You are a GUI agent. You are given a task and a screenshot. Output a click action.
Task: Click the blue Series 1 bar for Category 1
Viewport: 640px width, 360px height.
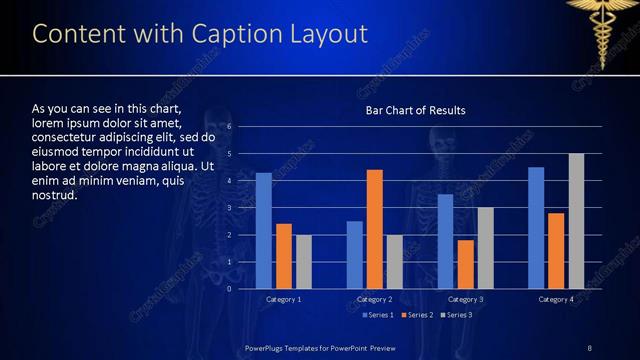(x=264, y=231)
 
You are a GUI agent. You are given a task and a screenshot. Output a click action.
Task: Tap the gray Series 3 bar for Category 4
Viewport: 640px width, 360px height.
(x=576, y=221)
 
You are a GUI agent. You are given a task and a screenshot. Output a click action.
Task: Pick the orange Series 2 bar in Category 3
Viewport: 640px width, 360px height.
(x=465, y=264)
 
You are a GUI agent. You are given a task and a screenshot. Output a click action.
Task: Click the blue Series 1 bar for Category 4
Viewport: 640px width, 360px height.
(x=536, y=228)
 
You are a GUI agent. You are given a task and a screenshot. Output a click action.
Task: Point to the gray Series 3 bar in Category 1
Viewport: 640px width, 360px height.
(x=304, y=262)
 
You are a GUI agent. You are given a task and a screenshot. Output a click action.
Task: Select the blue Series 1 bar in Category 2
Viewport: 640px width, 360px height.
(x=355, y=255)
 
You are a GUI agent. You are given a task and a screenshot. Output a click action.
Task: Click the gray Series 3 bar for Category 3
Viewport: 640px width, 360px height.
(x=485, y=248)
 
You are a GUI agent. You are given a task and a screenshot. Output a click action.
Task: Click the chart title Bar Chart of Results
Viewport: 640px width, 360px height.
(x=415, y=110)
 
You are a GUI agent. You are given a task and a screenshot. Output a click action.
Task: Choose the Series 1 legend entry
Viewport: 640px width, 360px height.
(x=376, y=315)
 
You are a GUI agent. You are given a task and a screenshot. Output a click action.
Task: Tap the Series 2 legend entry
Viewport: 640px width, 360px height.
(x=417, y=315)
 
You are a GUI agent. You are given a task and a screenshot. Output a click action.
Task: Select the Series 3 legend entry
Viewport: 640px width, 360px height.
(x=456, y=315)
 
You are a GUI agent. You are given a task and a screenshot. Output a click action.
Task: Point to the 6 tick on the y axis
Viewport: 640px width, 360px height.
(x=229, y=127)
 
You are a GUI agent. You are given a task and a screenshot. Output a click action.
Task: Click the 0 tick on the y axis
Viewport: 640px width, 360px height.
(x=229, y=289)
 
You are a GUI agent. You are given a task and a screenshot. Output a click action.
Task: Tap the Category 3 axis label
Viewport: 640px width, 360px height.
(x=465, y=299)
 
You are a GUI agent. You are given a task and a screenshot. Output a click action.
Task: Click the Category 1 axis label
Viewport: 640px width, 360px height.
(x=284, y=299)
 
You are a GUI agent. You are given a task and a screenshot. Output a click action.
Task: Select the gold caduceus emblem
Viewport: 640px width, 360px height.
(x=603, y=30)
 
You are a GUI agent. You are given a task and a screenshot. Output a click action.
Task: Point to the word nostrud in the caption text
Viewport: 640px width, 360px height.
(x=55, y=195)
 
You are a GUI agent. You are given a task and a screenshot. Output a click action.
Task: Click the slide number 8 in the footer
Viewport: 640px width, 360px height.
(x=589, y=347)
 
